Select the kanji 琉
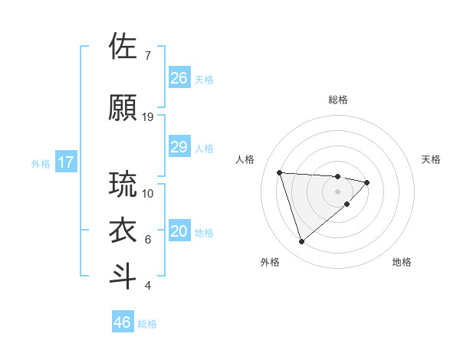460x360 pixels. [123, 185]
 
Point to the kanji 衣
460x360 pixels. [123, 231]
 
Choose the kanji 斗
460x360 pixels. [123, 277]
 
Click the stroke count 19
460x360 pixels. [148, 117]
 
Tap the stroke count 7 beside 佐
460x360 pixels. [147, 56]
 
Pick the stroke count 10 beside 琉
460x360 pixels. [148, 194]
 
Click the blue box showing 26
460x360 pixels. [179, 78]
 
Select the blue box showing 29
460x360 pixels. [179, 147]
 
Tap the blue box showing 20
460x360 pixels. [179, 231]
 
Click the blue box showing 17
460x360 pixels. [65, 162]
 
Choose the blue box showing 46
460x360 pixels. [123, 322]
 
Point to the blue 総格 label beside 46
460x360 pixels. [147, 324]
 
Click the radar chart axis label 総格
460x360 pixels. [337, 100]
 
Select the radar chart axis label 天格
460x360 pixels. [432, 159]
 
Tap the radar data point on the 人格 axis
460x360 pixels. [280, 172]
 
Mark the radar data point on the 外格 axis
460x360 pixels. [302, 242]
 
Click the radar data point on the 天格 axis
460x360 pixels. [367, 182]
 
